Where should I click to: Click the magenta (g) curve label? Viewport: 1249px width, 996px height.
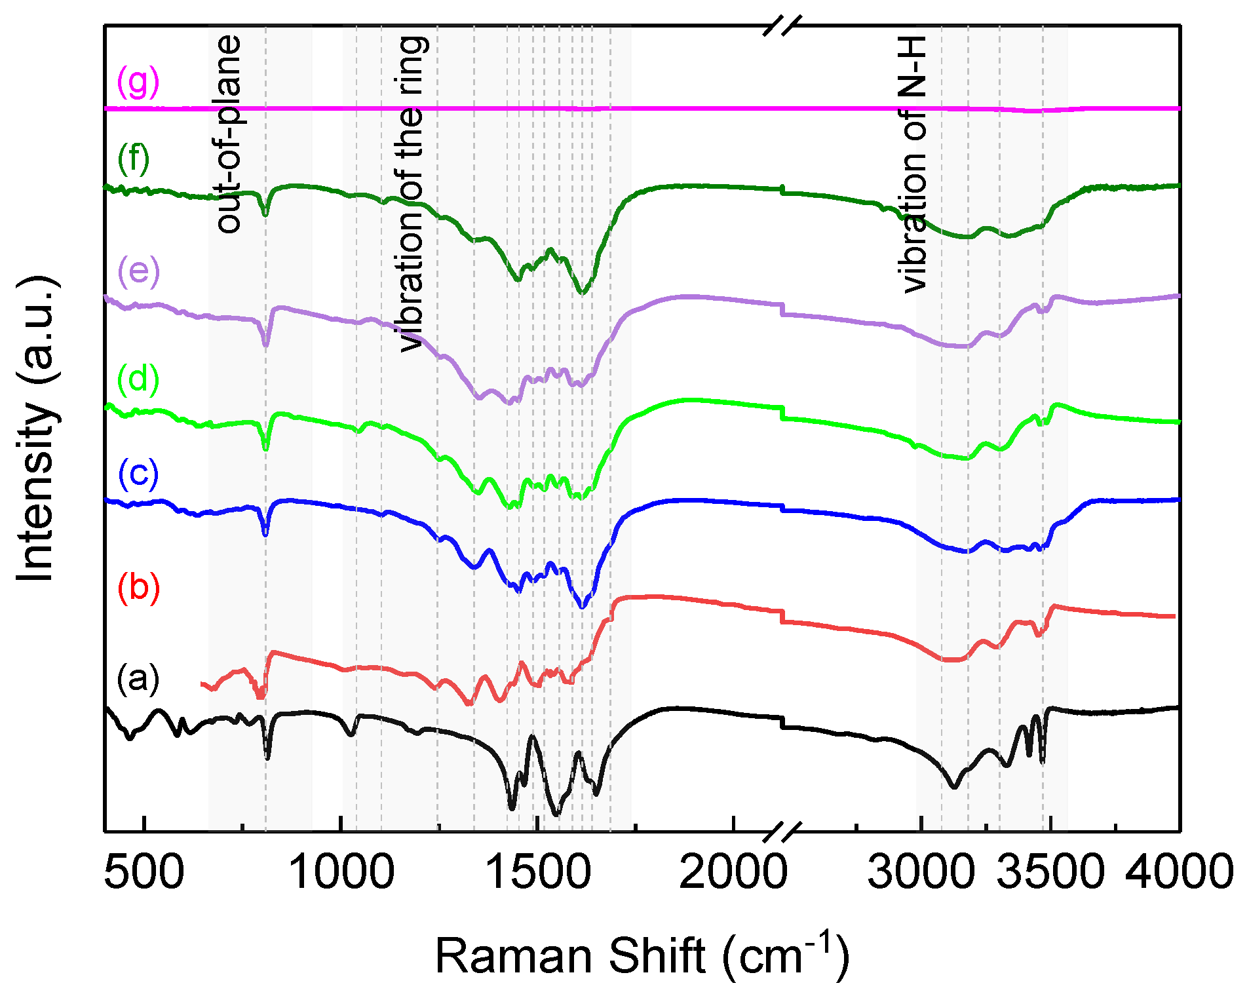tap(138, 82)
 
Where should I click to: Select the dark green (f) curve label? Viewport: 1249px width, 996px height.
tap(134, 159)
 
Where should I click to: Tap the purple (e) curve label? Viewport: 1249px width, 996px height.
tap(138, 271)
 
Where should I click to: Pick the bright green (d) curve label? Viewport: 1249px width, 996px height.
tap(138, 379)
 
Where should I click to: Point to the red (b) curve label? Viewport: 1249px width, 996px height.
tap(138, 587)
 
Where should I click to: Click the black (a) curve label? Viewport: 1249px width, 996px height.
tap(138, 678)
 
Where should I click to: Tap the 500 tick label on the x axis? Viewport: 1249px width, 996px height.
tap(144, 873)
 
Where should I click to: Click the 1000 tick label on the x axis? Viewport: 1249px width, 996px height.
tap(341, 873)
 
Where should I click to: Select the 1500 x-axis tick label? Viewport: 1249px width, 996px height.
tap(537, 873)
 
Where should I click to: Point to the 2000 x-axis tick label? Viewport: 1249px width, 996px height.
tap(733, 873)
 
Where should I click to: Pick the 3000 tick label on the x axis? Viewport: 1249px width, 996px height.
tap(921, 873)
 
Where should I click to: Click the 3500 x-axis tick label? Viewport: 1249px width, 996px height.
tap(1050, 873)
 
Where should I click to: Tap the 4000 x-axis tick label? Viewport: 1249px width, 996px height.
tap(1180, 873)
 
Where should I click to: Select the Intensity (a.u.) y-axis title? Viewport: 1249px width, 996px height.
tap(37, 429)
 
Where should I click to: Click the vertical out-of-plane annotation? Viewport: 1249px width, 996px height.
tap(229, 134)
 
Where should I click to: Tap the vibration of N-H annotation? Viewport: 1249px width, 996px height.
tap(912, 164)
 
